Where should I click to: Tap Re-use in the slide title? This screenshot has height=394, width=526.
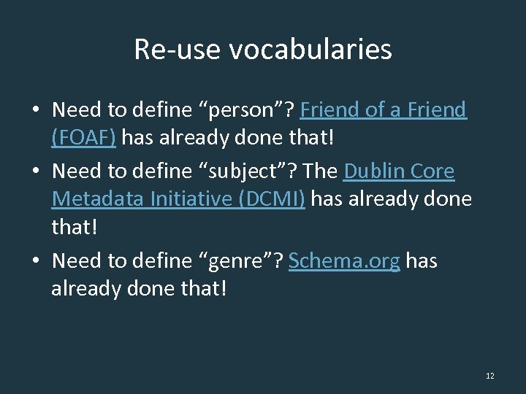point(178,50)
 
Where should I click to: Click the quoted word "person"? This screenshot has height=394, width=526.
point(245,110)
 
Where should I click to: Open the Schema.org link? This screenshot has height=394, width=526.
point(344,260)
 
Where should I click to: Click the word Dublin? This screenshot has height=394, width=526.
point(376,171)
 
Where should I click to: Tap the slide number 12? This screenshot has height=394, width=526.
point(489,376)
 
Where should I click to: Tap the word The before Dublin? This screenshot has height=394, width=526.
point(320,171)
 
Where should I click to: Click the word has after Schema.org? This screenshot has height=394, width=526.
point(422,260)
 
